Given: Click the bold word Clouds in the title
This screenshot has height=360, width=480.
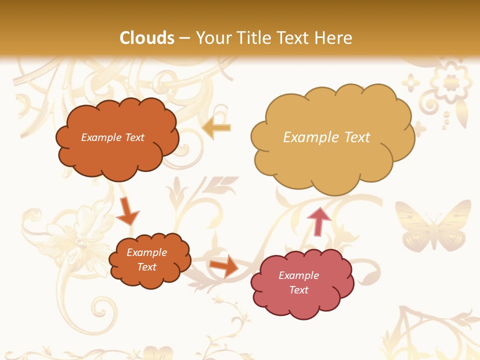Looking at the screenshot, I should pyautogui.click(x=147, y=38).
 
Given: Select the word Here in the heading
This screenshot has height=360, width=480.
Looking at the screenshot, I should pyautogui.click(x=335, y=38).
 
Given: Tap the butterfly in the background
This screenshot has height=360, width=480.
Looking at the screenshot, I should pyautogui.click(x=433, y=225).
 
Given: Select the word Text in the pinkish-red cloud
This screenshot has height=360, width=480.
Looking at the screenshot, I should pyautogui.click(x=298, y=290).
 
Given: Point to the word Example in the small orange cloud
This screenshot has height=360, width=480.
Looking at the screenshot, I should pyautogui.click(x=147, y=252).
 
